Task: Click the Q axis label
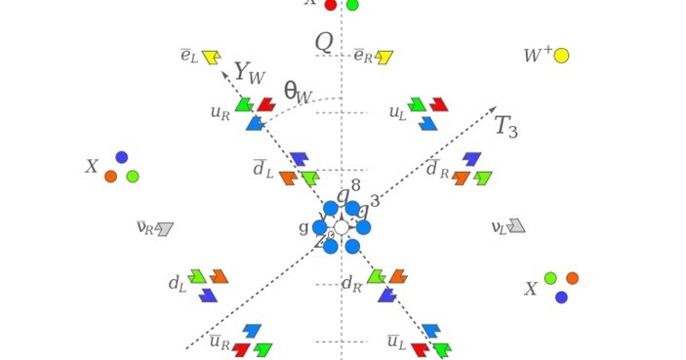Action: [324, 42]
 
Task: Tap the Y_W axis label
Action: [250, 73]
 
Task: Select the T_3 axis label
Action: [505, 127]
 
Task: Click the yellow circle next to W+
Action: [561, 56]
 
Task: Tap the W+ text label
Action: [537, 56]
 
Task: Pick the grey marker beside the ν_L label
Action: [516, 226]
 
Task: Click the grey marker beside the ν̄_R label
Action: [164, 229]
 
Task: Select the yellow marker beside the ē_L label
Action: [211, 58]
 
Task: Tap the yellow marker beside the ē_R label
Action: [384, 58]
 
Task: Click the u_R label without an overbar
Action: [220, 112]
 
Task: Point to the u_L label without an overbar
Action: [397, 113]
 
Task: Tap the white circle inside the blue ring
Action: [342, 227]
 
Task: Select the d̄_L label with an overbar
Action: [262, 169]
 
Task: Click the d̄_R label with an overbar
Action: [437, 169]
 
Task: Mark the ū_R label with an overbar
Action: [219, 342]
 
